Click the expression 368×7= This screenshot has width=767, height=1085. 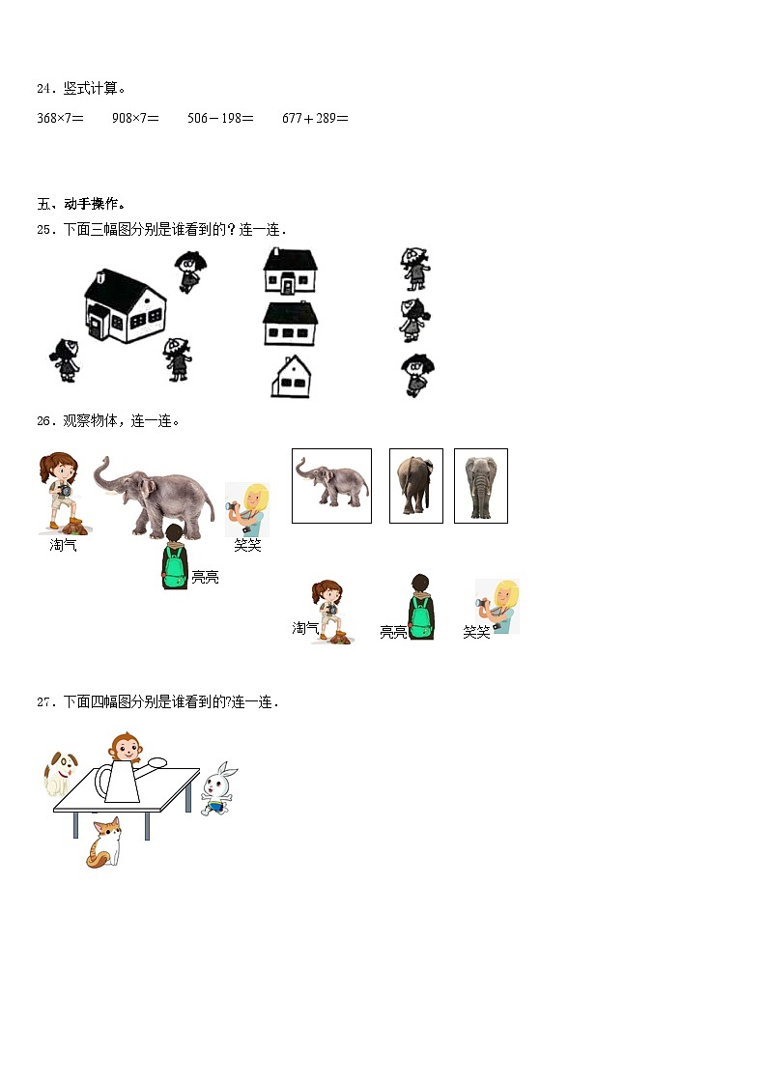60,118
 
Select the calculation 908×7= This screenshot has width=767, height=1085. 135,118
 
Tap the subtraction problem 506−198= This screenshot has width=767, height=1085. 220,118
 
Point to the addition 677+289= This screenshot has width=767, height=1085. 315,118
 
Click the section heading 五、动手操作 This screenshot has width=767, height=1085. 81,204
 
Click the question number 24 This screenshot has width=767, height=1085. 44,89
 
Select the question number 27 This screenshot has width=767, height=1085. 44,702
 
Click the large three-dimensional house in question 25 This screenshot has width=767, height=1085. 125,304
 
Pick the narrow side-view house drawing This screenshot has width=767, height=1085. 291,377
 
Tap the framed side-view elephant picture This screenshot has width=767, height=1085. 331,485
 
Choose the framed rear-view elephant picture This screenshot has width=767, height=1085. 415,485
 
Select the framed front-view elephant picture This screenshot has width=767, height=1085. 480,485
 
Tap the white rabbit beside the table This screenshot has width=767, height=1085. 218,786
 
